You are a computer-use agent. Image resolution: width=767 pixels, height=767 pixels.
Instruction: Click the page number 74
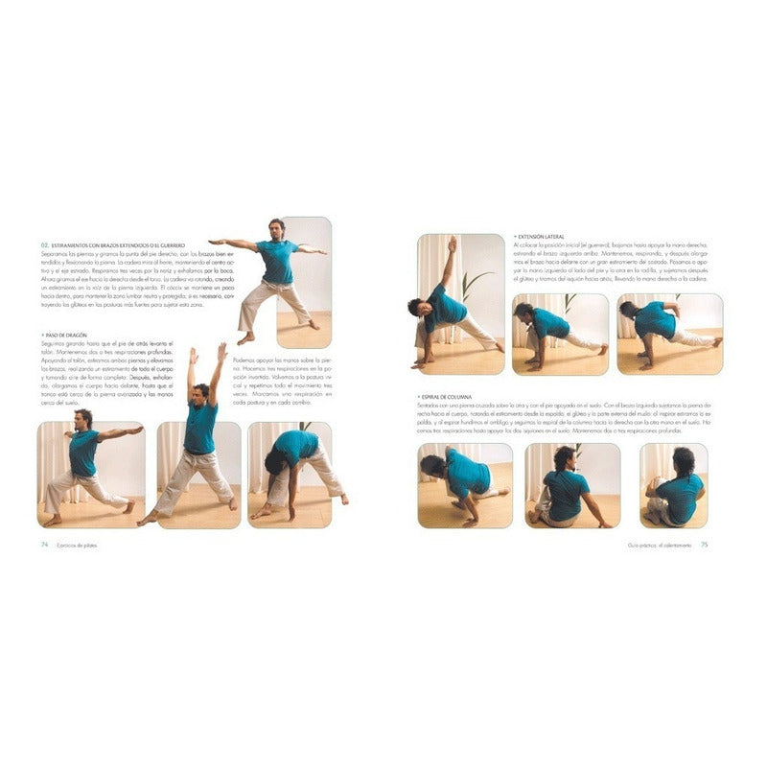click(x=44, y=545)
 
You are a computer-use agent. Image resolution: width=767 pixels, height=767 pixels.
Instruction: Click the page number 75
click(x=704, y=545)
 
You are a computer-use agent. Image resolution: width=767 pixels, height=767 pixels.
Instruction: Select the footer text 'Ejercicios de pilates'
click(x=82, y=545)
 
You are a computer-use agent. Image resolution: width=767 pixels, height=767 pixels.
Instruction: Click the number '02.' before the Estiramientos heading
click(x=44, y=244)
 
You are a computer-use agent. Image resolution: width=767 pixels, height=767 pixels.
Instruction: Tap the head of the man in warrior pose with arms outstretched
click(x=276, y=227)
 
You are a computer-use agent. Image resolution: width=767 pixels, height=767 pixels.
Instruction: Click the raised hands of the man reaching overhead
click(x=206, y=353)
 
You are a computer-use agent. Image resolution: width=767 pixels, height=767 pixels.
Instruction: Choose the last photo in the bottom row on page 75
click(x=673, y=484)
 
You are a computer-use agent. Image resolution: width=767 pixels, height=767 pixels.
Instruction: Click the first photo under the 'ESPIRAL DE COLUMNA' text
click(x=465, y=484)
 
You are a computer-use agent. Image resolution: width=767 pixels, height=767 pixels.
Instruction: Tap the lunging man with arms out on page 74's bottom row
click(x=91, y=475)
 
